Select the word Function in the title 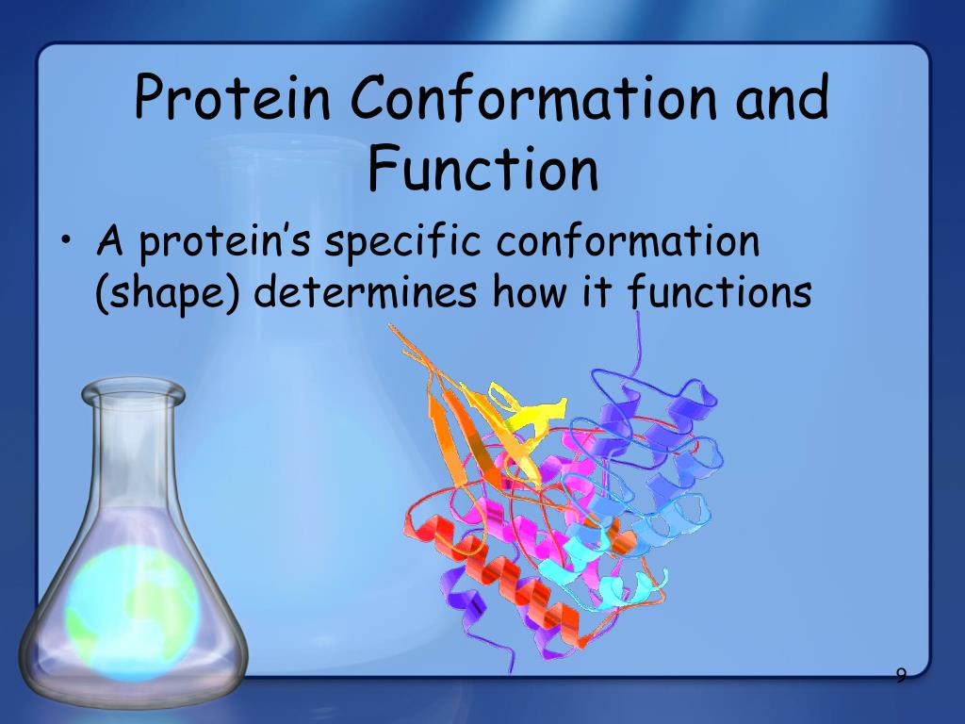[482, 170]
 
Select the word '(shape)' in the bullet [166, 293]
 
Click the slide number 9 [901, 675]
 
